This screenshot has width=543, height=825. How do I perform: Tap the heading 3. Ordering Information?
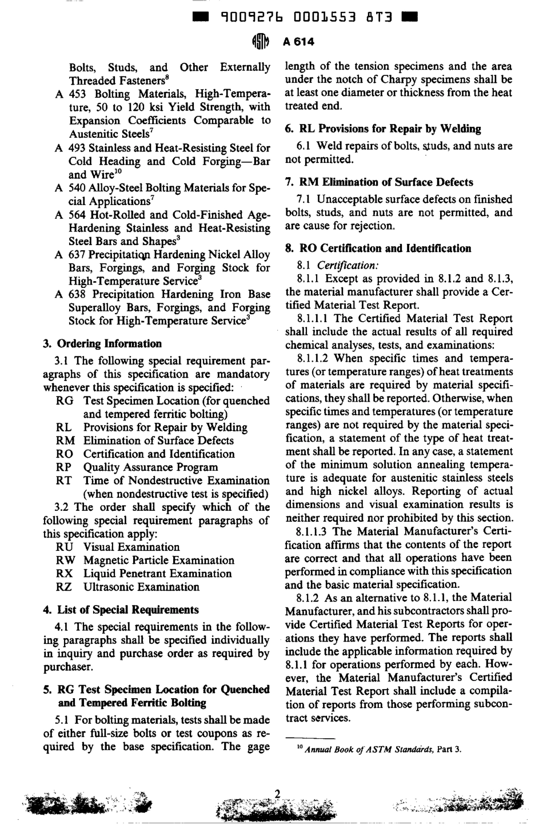click(102, 344)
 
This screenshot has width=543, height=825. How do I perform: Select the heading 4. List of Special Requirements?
click(121, 610)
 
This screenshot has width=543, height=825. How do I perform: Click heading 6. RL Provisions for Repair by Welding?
click(382, 129)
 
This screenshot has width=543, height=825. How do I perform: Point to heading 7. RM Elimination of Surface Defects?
click(378, 182)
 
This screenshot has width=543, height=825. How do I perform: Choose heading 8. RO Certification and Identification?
click(378, 249)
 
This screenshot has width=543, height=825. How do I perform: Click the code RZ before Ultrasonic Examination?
click(64, 587)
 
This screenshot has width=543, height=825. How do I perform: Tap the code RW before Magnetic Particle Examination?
click(65, 560)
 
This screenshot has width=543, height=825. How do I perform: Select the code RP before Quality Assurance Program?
click(64, 467)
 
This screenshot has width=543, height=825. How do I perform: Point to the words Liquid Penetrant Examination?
click(158, 574)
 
